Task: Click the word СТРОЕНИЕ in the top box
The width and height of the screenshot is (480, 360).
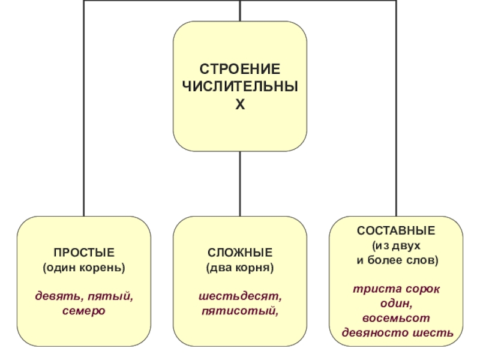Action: tap(240, 70)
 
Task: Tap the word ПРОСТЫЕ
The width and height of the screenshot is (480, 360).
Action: tap(84, 251)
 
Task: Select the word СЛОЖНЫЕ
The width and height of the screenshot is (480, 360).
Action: tap(240, 251)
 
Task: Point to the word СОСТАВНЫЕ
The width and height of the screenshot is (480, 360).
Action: tap(396, 230)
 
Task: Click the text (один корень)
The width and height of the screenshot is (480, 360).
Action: tap(84, 266)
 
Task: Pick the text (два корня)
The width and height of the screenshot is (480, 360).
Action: tap(240, 266)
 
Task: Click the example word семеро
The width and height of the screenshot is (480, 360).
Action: tap(84, 311)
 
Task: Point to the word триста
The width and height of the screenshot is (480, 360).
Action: tap(371, 289)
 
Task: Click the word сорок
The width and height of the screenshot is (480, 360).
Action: tap(422, 289)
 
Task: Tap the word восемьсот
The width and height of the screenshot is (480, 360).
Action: tap(396, 318)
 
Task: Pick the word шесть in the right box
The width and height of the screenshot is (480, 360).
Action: tap(434, 332)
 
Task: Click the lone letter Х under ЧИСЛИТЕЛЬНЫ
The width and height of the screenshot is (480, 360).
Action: tap(240, 105)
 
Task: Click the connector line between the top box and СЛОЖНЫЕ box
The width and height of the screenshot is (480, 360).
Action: tap(240, 183)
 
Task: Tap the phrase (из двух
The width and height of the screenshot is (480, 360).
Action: tap(396, 246)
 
